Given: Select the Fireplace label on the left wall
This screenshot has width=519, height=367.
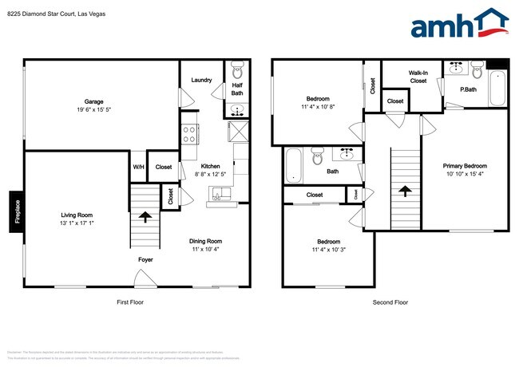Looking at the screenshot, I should [15, 212].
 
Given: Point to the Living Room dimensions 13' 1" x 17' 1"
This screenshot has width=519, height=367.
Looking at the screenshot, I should [77, 223].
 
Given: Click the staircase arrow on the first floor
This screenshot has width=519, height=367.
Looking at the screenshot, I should [145, 215].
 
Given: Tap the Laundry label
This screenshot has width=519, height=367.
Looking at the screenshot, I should [200, 80].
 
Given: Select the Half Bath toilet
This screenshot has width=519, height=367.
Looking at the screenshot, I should [237, 69].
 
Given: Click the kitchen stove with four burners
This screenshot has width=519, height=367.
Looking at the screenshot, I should [190, 133].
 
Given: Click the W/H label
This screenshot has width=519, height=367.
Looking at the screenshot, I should [137, 167].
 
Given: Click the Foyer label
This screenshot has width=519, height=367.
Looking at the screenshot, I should [145, 260].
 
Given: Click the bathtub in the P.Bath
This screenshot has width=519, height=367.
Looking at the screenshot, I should [497, 89].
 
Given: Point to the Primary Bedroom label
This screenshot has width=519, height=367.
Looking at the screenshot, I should [465, 166].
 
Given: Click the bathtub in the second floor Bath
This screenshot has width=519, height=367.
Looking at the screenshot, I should [292, 164].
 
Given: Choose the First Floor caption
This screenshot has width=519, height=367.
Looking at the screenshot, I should [129, 302].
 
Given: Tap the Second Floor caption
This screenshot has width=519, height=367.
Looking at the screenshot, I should [390, 302].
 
